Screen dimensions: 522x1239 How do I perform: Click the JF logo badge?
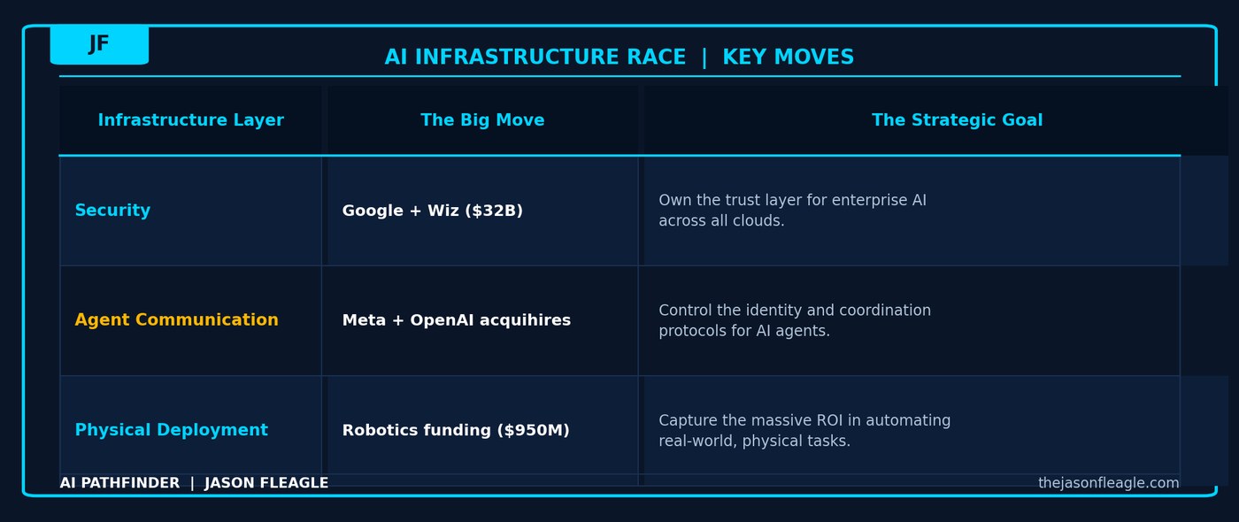99,44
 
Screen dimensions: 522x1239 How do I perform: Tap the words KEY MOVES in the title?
788,58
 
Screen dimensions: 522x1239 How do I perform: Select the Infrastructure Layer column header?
190,120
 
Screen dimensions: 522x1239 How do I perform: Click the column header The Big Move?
482,120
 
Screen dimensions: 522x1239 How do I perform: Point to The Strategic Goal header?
957,120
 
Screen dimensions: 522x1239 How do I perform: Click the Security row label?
112,211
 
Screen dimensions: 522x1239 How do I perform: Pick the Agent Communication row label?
176,320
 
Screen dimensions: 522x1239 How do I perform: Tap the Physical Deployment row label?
171,430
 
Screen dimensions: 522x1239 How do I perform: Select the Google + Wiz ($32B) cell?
432,211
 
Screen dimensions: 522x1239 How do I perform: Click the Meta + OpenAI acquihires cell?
456,320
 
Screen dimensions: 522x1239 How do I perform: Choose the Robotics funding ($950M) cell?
455,430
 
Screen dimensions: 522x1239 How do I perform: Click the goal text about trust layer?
792,211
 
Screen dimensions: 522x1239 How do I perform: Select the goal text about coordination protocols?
794,320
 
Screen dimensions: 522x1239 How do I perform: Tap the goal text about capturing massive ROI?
804,430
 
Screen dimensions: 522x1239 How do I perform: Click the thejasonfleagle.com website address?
1108,483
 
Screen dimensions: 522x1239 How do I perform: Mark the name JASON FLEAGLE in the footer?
266,483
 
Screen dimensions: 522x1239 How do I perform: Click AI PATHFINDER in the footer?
119,483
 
